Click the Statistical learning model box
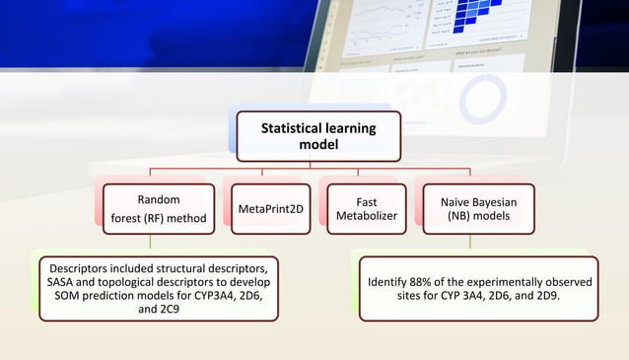point(318,136)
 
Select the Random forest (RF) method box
point(158,208)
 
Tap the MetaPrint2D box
point(270,208)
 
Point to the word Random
point(158,199)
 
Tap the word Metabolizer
point(366,216)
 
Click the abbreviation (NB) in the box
point(460,216)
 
